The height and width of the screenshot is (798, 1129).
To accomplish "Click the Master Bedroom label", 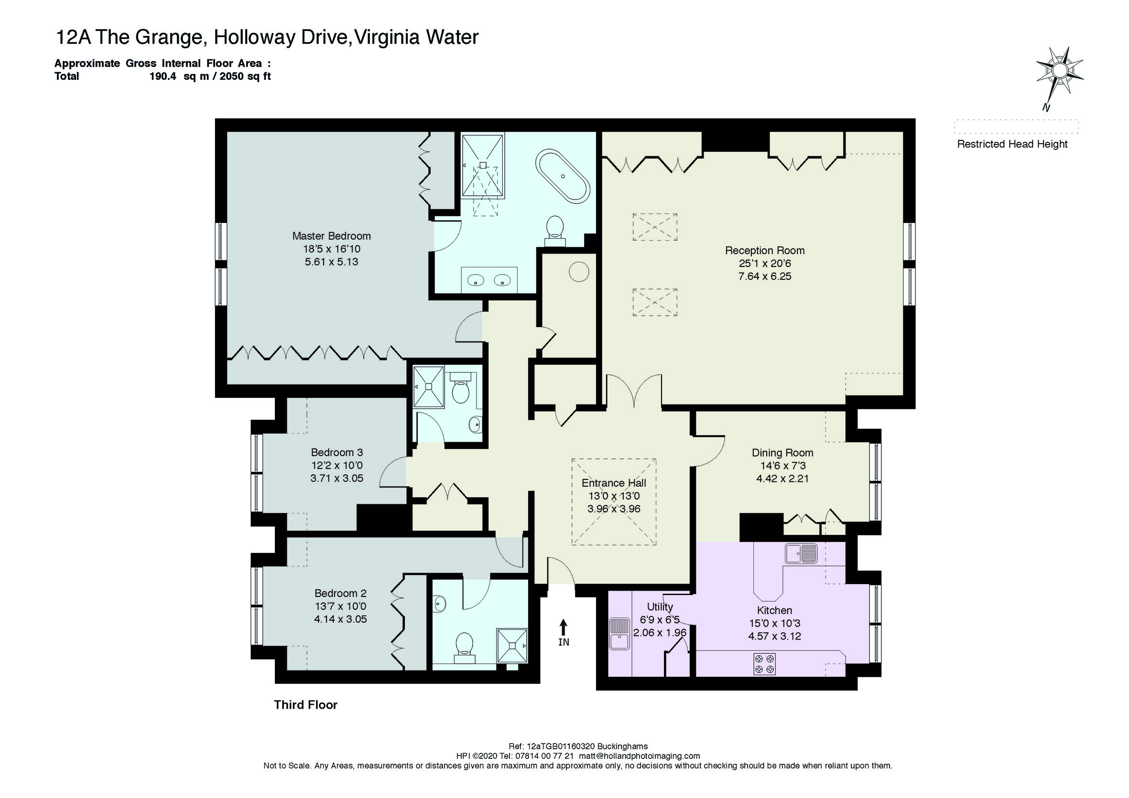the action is point(331,236).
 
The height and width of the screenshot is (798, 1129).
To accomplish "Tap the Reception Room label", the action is point(765,251).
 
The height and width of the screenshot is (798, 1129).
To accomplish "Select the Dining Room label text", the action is point(782,453).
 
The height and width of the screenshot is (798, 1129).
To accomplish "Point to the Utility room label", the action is point(660,607).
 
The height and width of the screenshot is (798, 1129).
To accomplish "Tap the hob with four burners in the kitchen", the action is point(764,663).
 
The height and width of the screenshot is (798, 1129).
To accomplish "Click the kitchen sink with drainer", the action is point(801,553).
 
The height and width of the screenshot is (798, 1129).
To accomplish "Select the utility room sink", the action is point(619,633).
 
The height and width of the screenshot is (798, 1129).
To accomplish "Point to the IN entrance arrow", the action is point(564,632).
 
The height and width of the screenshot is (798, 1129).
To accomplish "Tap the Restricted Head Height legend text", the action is point(1012,144).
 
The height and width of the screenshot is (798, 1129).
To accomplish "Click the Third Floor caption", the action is point(305,705).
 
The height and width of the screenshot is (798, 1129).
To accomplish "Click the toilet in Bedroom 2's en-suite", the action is point(464,645).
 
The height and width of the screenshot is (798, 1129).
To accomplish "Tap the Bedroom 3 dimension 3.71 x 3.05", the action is point(337,478).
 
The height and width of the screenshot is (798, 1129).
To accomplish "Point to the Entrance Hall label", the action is point(614,483).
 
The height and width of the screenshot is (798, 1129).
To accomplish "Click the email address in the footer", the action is point(639,756).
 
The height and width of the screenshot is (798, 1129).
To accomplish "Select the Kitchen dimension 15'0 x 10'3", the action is point(774,623).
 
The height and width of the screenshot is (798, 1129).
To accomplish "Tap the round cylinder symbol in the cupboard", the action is point(579,272).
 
